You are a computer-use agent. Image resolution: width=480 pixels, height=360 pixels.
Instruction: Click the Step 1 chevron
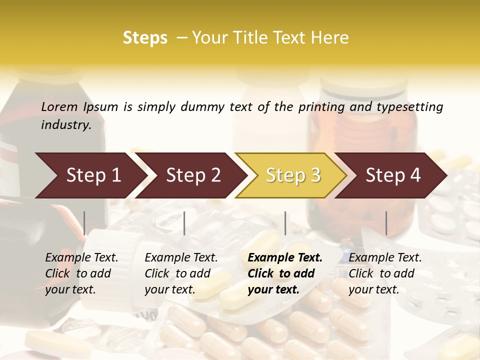90,175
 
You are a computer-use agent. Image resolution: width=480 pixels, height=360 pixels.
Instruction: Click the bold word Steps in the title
145,38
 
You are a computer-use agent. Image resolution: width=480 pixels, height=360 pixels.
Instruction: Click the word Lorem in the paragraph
59,107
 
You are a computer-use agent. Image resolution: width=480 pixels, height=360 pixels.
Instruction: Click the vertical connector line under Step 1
84,223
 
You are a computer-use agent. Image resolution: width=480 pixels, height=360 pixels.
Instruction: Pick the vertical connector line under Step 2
184,223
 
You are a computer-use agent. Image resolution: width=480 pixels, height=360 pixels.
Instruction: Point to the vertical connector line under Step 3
285,223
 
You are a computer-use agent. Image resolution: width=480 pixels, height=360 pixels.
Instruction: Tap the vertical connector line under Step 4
386,223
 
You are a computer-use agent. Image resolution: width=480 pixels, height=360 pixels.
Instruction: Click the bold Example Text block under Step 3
284,273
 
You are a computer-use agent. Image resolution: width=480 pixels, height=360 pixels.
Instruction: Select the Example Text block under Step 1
81,273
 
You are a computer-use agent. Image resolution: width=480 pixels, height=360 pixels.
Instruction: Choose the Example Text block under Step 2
181,273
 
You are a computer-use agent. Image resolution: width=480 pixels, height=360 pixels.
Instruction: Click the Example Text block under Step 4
385,273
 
